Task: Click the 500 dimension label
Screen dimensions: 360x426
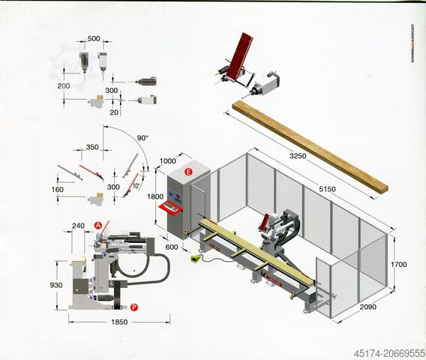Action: pos(94,39)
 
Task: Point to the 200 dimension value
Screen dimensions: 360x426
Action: pos(64,86)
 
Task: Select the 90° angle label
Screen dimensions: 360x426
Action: pos(143,138)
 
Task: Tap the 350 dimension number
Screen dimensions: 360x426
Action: pos(92,148)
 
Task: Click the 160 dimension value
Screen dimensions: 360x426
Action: pos(58,190)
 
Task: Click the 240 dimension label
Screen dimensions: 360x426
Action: pos(78,224)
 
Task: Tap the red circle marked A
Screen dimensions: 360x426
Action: pos(97,225)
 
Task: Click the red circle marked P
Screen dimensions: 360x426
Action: pos(133,306)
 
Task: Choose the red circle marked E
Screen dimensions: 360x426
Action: pos(188,172)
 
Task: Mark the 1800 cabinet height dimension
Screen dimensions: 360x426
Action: pos(155,196)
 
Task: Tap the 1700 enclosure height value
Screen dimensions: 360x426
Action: pos(400,265)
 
